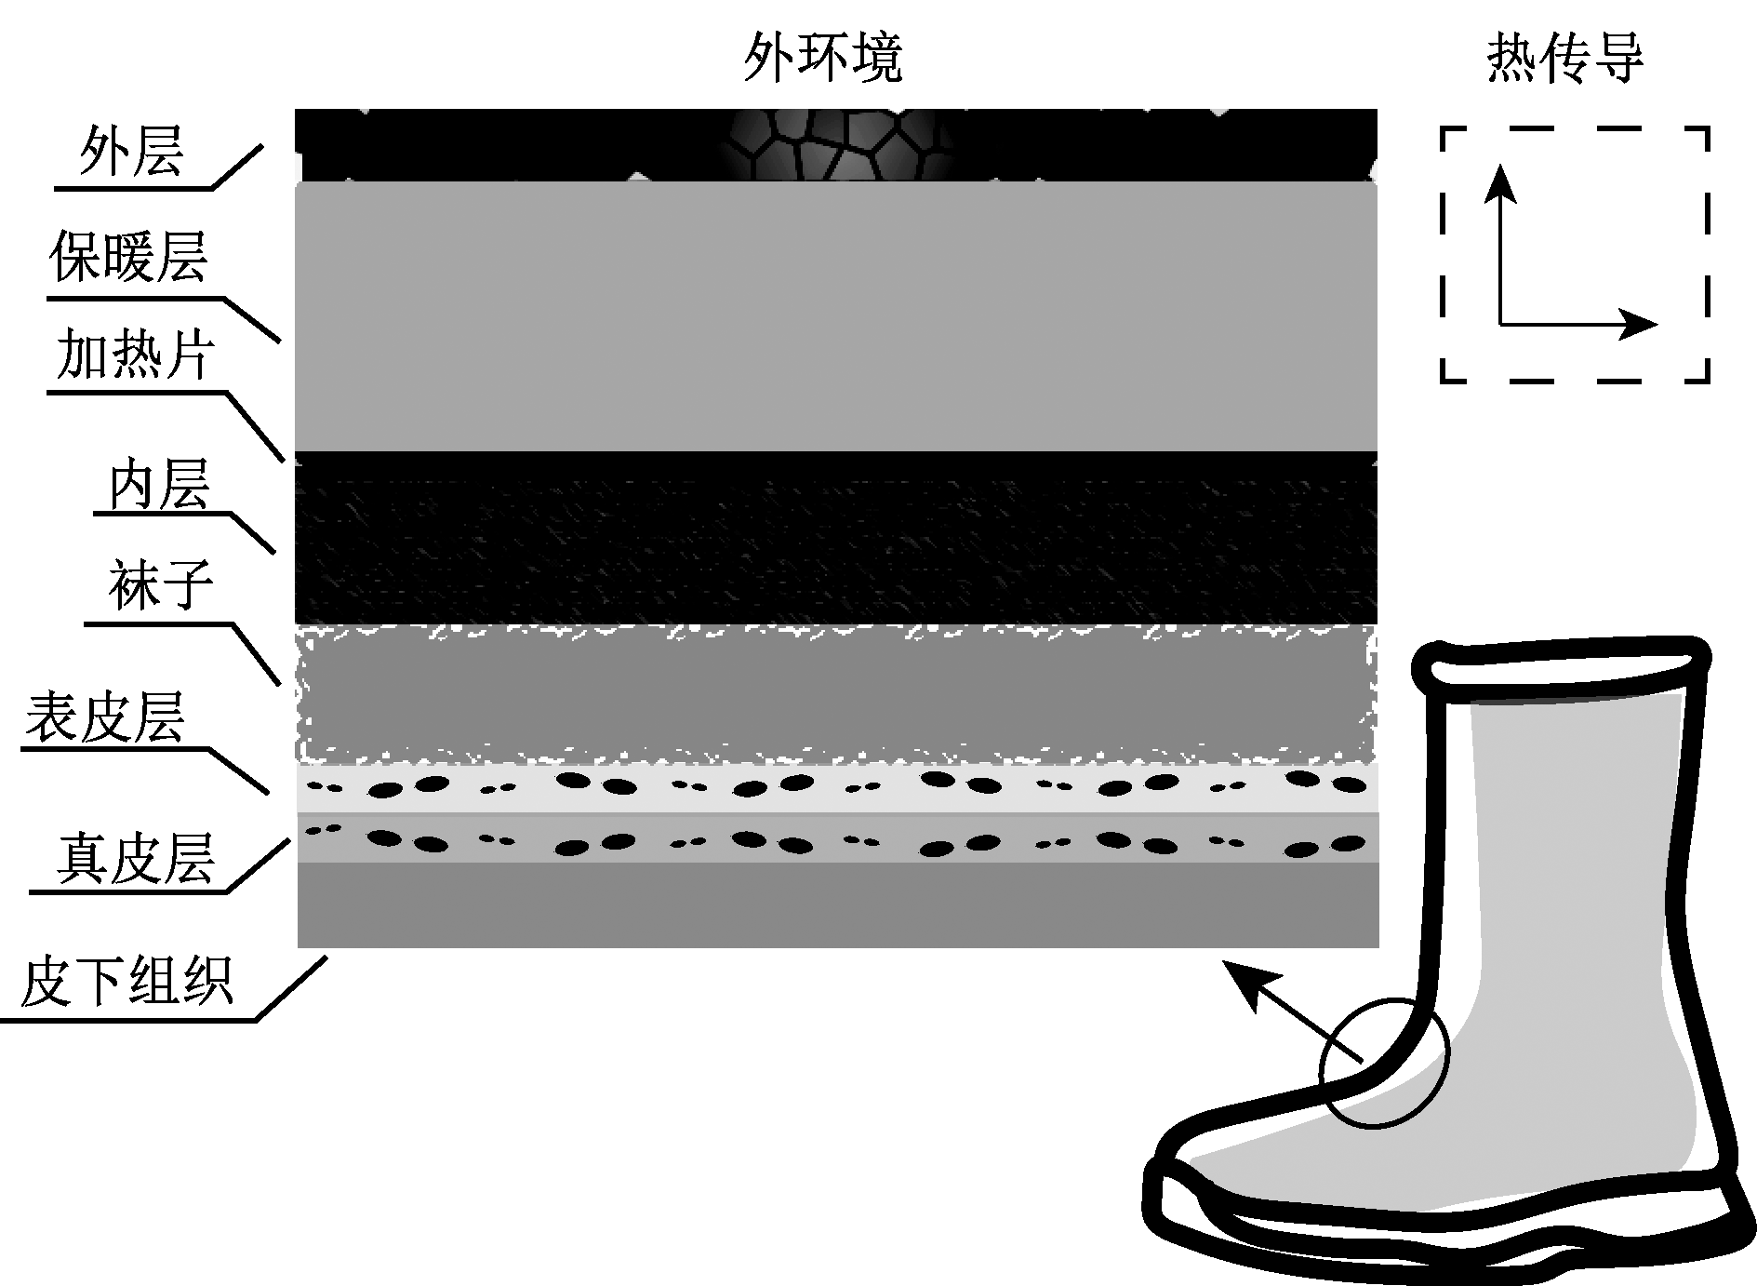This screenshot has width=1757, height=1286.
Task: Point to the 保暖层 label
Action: (128, 258)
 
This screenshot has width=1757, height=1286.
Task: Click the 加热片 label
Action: (134, 355)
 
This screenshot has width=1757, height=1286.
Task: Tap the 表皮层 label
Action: (104, 718)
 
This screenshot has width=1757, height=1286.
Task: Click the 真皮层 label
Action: (136, 858)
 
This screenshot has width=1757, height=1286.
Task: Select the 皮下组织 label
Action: (126, 982)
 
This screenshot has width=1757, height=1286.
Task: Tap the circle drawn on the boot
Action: (1384, 1063)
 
